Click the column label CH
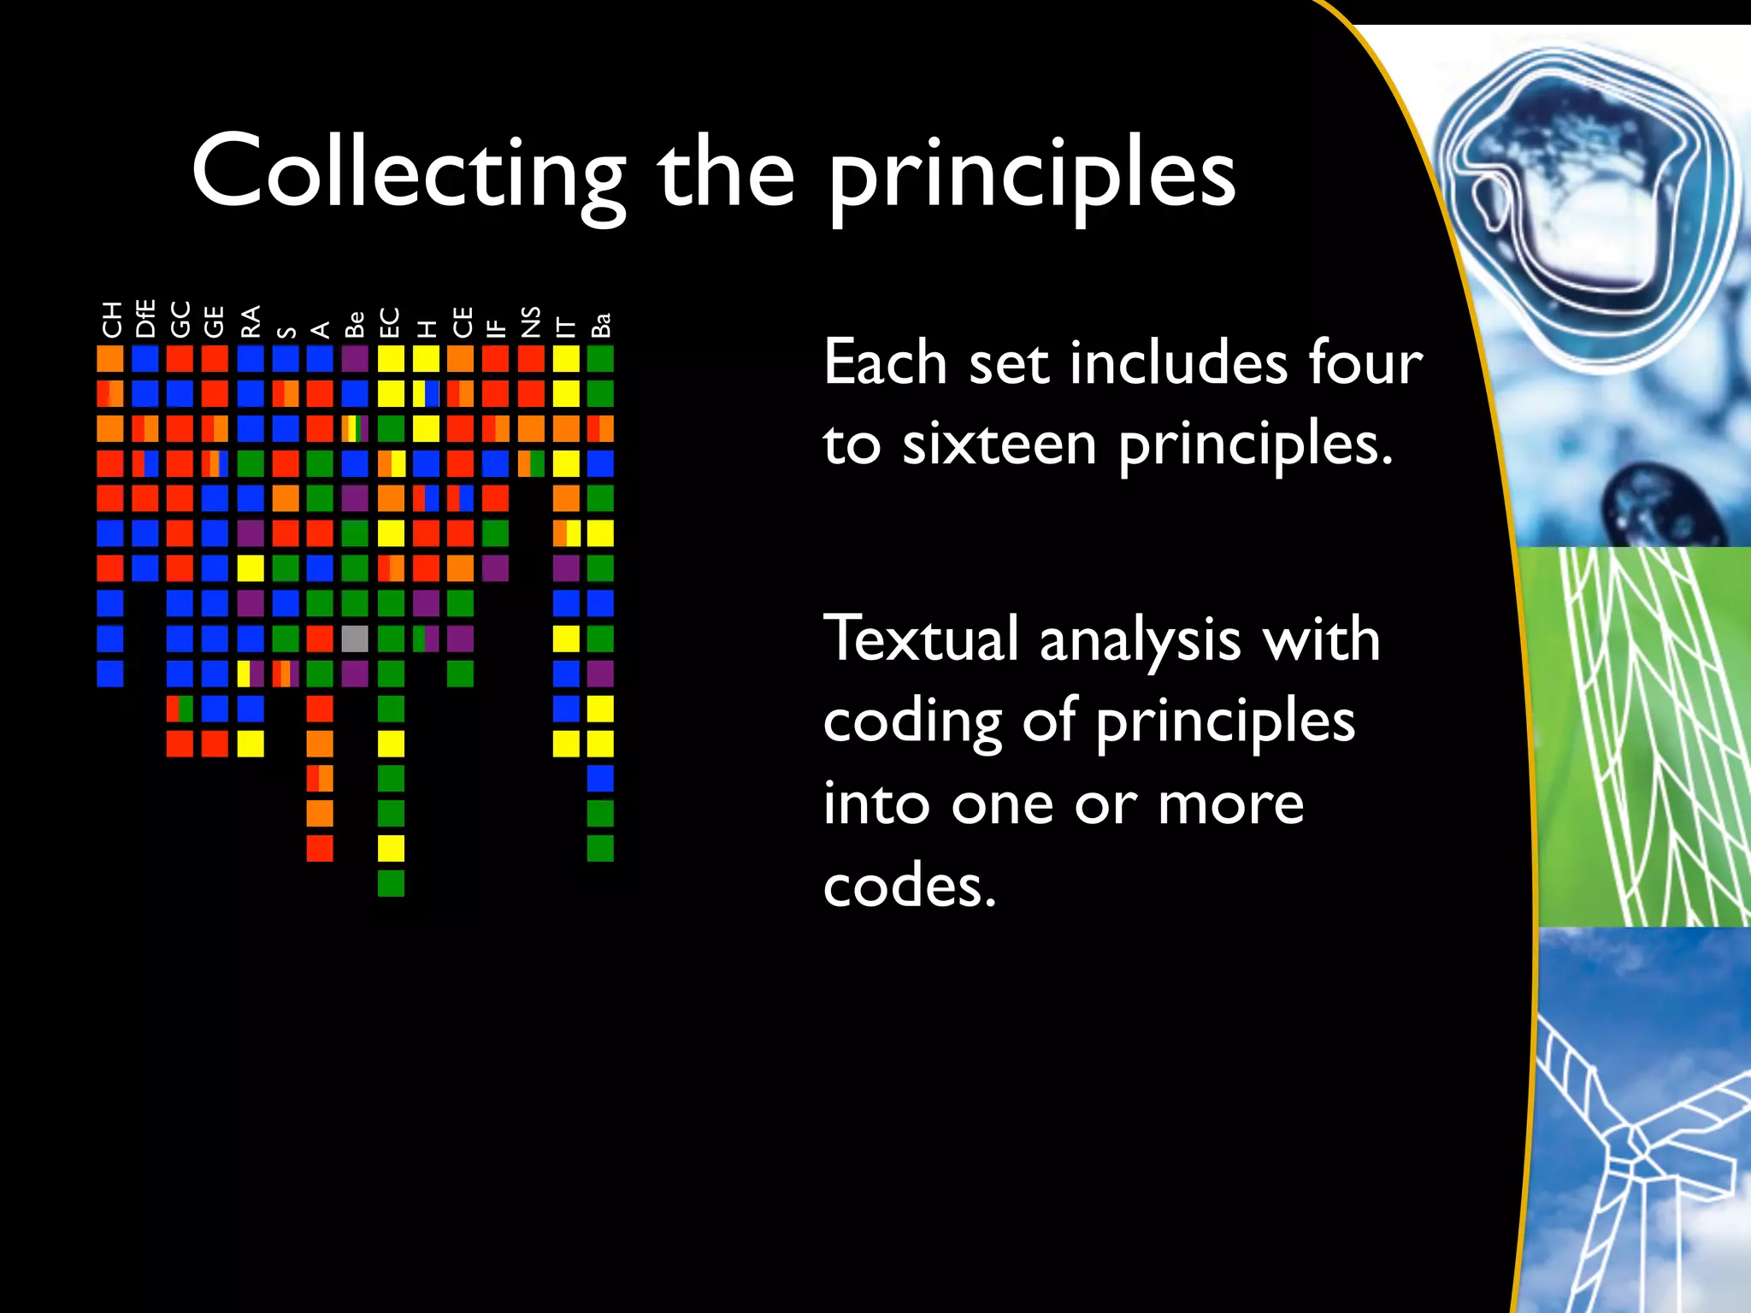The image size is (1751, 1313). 111,320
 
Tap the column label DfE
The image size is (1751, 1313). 145,319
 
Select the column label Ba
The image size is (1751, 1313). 601,325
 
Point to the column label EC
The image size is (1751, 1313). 390,322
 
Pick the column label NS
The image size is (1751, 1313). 531,321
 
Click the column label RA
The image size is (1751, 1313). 251,321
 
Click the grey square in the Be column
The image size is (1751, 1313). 355,639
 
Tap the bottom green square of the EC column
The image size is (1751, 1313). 391,883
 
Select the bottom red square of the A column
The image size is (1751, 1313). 320,848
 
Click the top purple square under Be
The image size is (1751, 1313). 355,358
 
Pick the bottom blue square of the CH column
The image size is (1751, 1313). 110,674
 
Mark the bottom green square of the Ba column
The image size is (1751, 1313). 600,848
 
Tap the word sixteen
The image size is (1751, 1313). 999,445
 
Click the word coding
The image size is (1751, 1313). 912,722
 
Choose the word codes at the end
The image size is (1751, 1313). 910,886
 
